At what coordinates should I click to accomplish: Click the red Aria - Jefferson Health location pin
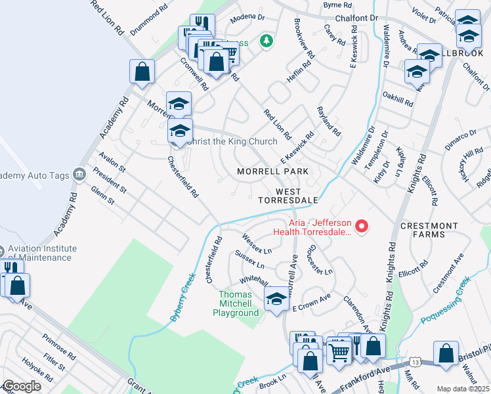coord(360,227)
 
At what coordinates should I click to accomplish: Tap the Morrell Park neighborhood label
coord(272,171)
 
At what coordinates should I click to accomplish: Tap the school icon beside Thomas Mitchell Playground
coord(277,300)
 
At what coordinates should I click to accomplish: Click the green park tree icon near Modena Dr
coord(266,41)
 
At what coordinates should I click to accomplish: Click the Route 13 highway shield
coord(414,362)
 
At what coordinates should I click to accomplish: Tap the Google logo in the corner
coord(22,386)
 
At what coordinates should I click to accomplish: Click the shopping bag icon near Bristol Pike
coord(446,353)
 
